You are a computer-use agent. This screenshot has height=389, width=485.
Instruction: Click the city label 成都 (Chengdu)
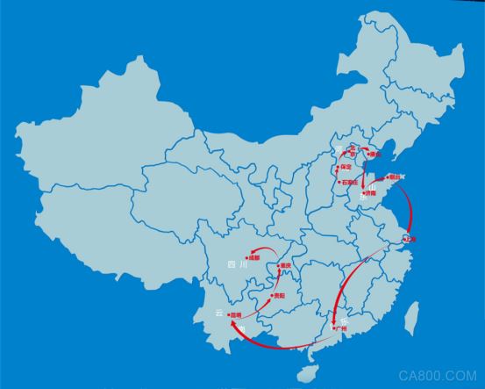(x=255, y=257)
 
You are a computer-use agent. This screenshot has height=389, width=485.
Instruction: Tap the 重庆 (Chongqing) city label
(x=285, y=266)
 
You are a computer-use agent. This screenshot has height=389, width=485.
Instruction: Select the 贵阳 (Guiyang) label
(x=279, y=296)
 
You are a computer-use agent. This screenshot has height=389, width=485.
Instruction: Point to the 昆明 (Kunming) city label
(x=235, y=314)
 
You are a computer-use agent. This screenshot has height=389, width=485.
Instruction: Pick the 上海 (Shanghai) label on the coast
(x=410, y=238)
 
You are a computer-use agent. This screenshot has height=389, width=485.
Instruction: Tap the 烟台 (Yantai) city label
(x=393, y=177)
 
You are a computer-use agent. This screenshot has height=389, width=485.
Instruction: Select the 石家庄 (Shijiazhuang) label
(x=349, y=183)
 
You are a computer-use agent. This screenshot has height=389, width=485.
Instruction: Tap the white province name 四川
(x=232, y=263)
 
